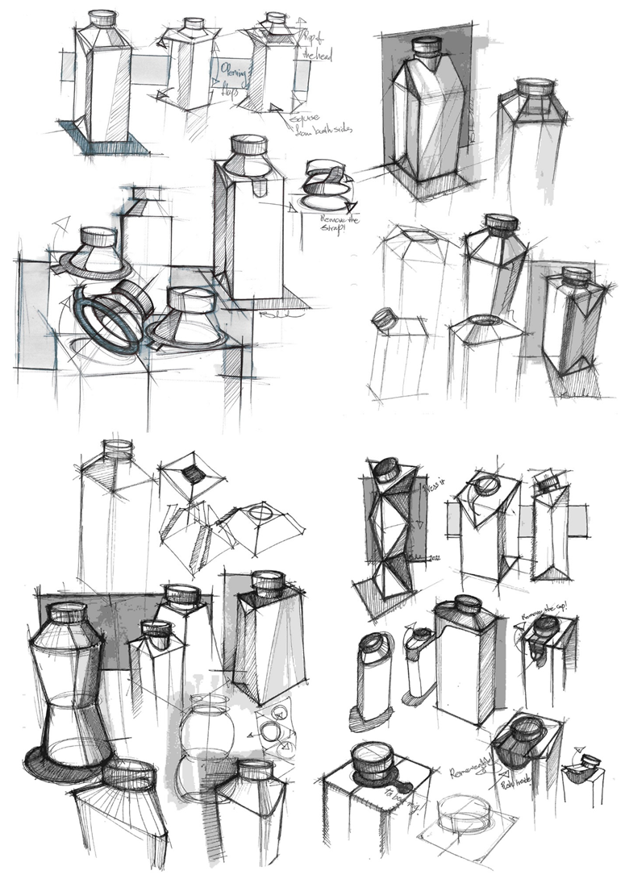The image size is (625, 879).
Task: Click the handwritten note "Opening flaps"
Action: point(229,80)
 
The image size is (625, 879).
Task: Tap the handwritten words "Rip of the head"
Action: point(312,47)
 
